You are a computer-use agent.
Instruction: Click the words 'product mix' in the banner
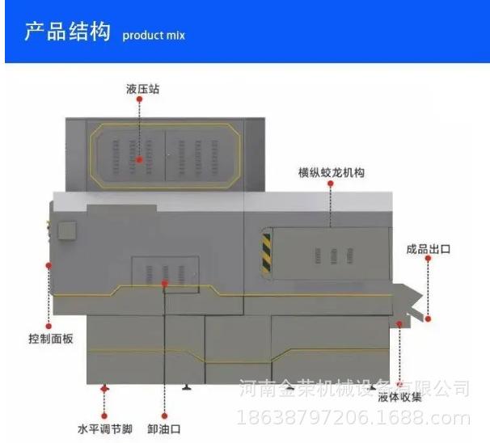click(x=154, y=36)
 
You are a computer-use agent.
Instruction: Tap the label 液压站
click(x=142, y=88)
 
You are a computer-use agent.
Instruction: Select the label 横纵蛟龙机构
click(x=331, y=171)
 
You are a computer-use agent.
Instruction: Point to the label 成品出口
click(x=428, y=249)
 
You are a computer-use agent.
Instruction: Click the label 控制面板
click(x=51, y=338)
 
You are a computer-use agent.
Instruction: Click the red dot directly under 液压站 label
click(x=140, y=100)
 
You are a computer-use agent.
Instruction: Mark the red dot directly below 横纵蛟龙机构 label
click(x=331, y=184)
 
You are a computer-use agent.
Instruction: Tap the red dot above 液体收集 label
click(x=399, y=324)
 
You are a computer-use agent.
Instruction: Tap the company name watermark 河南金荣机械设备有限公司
click(x=356, y=388)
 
